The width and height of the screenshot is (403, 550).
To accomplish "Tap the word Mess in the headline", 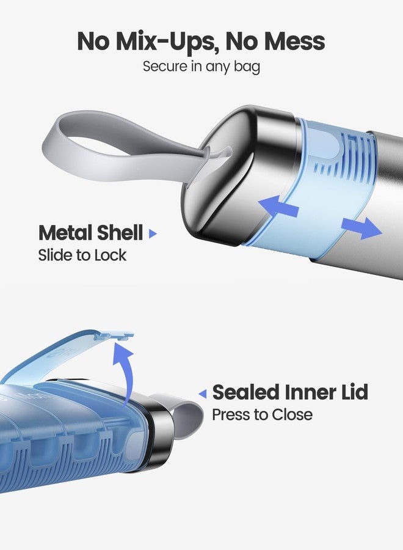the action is pos(295,41).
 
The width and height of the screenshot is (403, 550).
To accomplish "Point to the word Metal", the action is pos(65,233).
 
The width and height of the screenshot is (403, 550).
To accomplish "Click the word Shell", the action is pos(120,233).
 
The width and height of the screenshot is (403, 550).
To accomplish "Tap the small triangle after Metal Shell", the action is pos(153,233).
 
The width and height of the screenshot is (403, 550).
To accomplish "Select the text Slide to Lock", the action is pos(82,255).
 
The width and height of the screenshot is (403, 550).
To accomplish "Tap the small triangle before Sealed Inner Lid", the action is pos(203,394).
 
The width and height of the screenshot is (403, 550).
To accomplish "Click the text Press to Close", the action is pos(262,414).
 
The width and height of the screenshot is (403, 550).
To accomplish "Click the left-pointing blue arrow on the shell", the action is pos(278,207).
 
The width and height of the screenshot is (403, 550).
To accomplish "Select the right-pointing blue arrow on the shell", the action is pos(361,228).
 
